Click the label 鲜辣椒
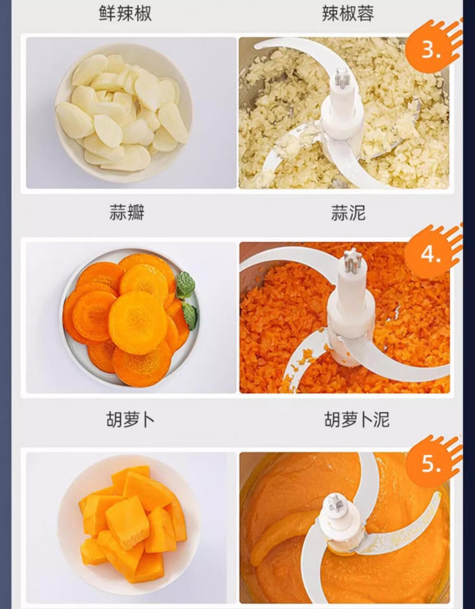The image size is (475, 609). (x=125, y=13)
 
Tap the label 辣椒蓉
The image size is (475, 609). (x=348, y=13)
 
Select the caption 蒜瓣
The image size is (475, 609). (x=127, y=212)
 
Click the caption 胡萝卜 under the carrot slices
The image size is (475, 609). (x=130, y=420)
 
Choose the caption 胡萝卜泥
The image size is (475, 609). (x=356, y=420)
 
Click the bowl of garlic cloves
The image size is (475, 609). (x=124, y=112)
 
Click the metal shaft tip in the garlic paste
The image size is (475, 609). (x=342, y=77)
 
